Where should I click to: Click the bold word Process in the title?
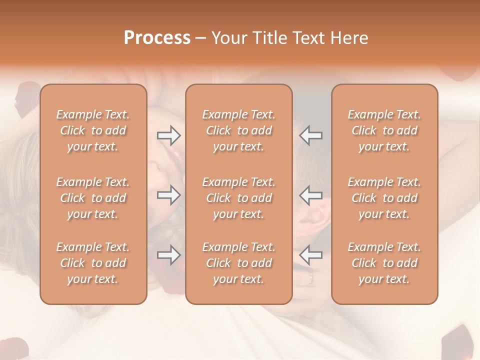[157, 38]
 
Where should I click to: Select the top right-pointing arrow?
[168, 135]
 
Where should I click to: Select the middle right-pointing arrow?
[168, 195]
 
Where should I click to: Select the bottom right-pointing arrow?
[168, 255]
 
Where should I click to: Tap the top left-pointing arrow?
[311, 135]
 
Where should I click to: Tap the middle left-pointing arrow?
[311, 195]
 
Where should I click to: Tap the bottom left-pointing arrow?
[311, 255]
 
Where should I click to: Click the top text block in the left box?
[93, 130]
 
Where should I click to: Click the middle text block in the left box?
[93, 198]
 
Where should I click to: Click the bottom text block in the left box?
[93, 263]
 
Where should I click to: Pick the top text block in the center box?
[239, 130]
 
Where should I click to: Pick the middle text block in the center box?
[239, 198]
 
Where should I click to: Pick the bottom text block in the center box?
[239, 263]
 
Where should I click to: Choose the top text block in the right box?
[384, 130]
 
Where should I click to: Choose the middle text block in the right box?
[384, 198]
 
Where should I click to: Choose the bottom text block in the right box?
[384, 263]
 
